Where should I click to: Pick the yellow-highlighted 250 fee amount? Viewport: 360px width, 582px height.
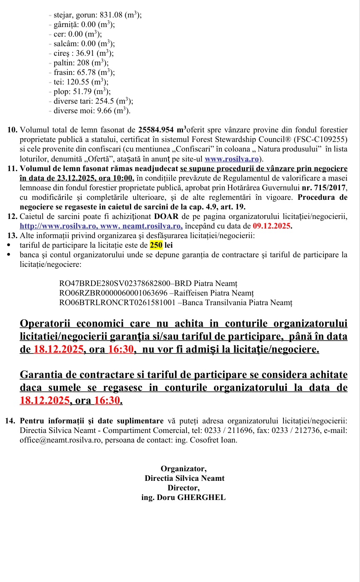pyautogui.click(x=156, y=245)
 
